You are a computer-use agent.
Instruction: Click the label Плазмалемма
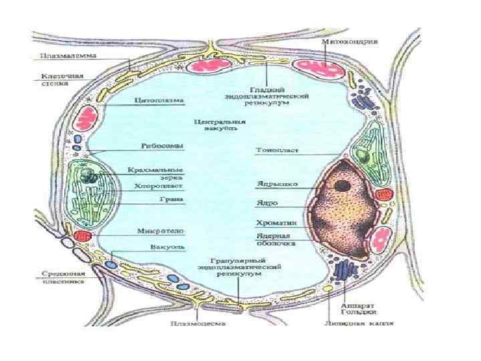(57, 55)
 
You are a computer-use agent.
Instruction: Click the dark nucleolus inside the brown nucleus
(344, 185)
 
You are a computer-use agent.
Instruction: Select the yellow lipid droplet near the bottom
(328, 287)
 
